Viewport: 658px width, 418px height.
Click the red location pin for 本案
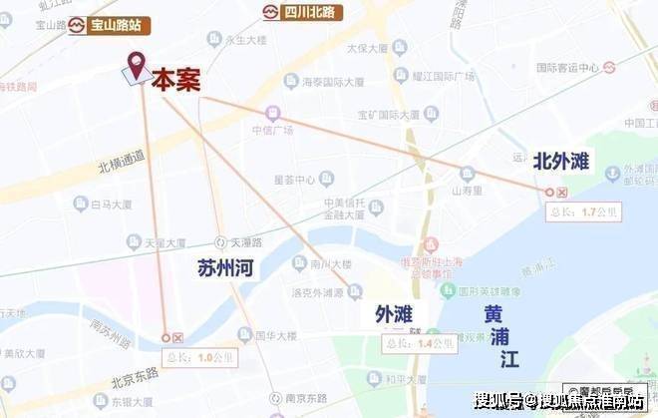tap(135, 63)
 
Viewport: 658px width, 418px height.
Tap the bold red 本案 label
tap(176, 81)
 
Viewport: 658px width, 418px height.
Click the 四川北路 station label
tap(303, 13)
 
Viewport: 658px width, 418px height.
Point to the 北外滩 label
tap(562, 160)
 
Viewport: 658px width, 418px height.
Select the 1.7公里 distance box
tap(584, 211)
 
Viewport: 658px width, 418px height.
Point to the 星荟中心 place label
tap(295, 180)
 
